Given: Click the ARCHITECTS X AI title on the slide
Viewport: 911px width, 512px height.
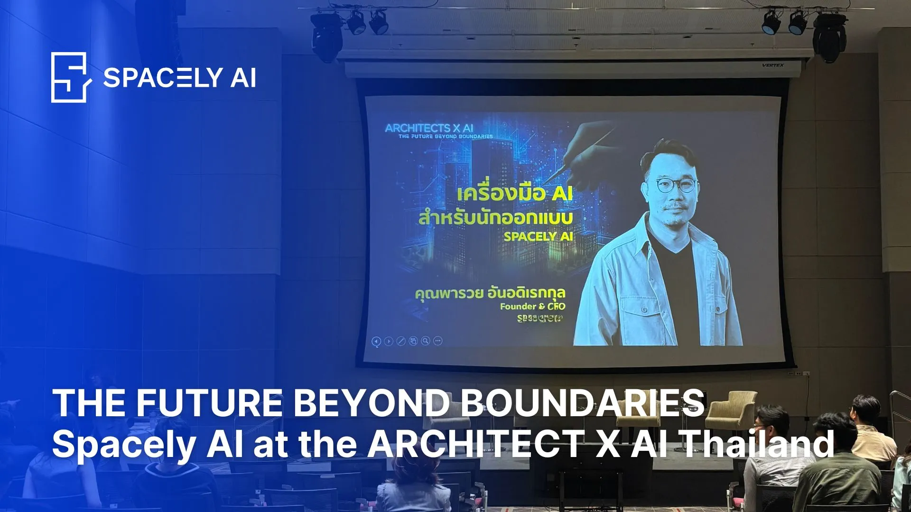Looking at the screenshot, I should click(429, 128).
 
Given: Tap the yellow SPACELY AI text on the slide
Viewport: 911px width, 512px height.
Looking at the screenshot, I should click(538, 236).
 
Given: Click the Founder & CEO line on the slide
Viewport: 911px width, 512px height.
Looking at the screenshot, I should click(532, 306).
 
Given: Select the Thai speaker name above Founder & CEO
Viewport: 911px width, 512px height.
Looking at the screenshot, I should click(490, 293).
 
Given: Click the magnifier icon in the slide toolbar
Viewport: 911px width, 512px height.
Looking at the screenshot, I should click(426, 341).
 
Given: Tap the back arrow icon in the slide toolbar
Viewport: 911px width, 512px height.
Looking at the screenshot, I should click(376, 341).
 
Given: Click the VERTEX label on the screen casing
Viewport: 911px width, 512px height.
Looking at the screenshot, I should click(772, 65).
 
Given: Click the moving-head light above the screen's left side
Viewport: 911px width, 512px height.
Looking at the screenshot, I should click(326, 36).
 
